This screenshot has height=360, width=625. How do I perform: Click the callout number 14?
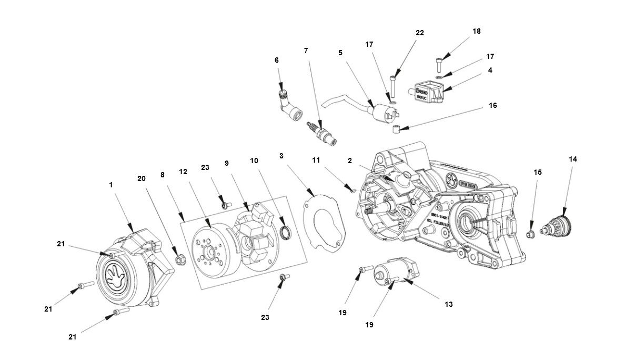coord(573,159)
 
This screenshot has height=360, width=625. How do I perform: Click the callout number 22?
coord(419,33)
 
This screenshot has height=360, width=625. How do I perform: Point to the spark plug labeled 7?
coord(321,131)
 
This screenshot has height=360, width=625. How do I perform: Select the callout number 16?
coord(492,105)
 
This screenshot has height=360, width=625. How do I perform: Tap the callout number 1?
coord(111,185)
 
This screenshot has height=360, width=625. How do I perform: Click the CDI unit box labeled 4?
coord(428,88)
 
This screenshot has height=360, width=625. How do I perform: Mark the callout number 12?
coord(183,171)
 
